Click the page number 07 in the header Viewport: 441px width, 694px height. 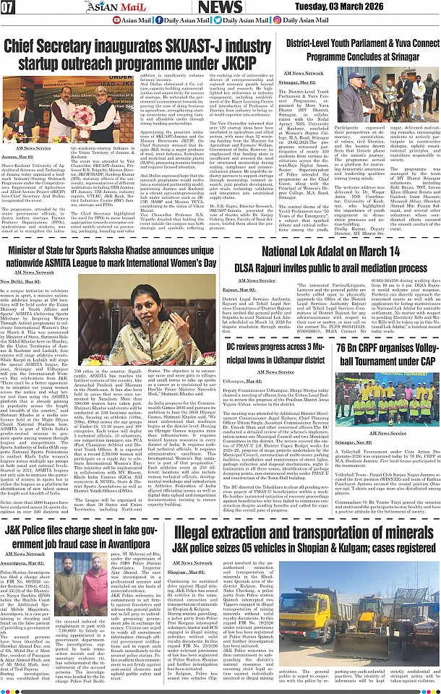coord(9,8)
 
